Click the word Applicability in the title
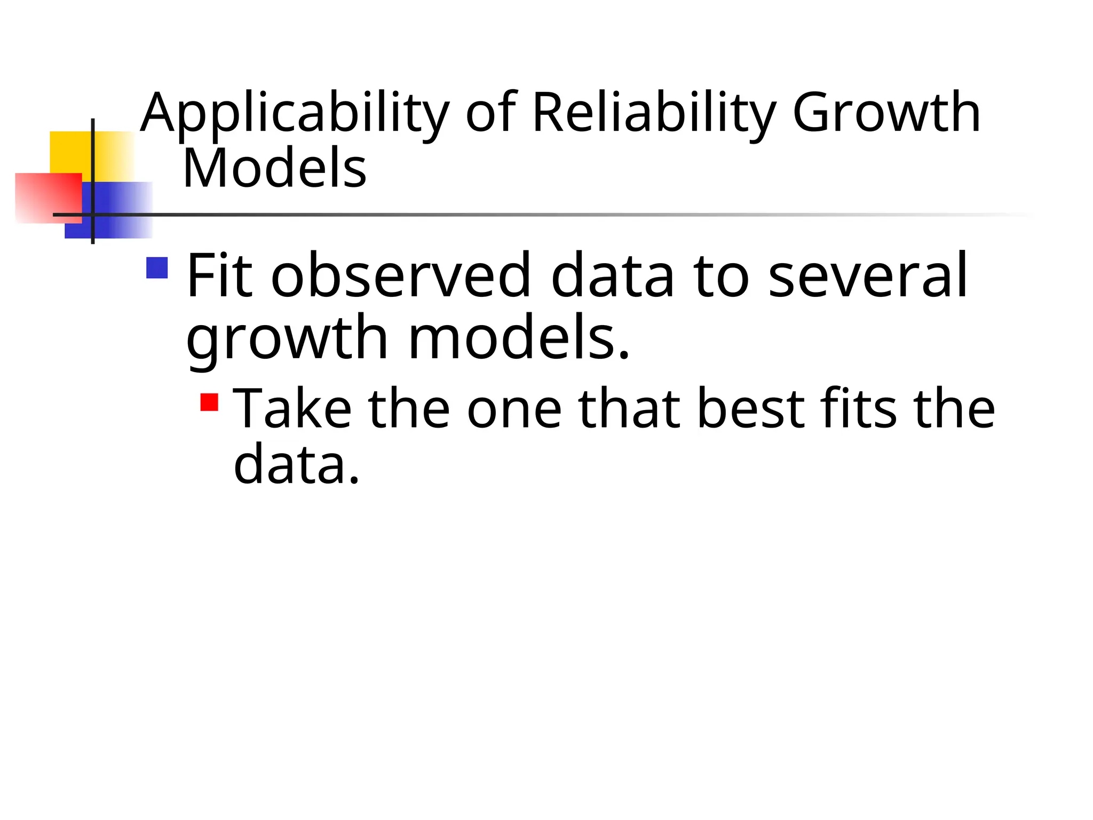coord(295,114)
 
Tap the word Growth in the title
coord(886,113)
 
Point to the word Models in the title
coord(274,169)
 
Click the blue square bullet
coord(157,268)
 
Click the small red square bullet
coord(210,402)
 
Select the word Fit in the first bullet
coord(219,277)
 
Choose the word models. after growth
coord(519,338)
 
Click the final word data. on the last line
coord(297,464)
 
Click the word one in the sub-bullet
coord(514,410)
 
